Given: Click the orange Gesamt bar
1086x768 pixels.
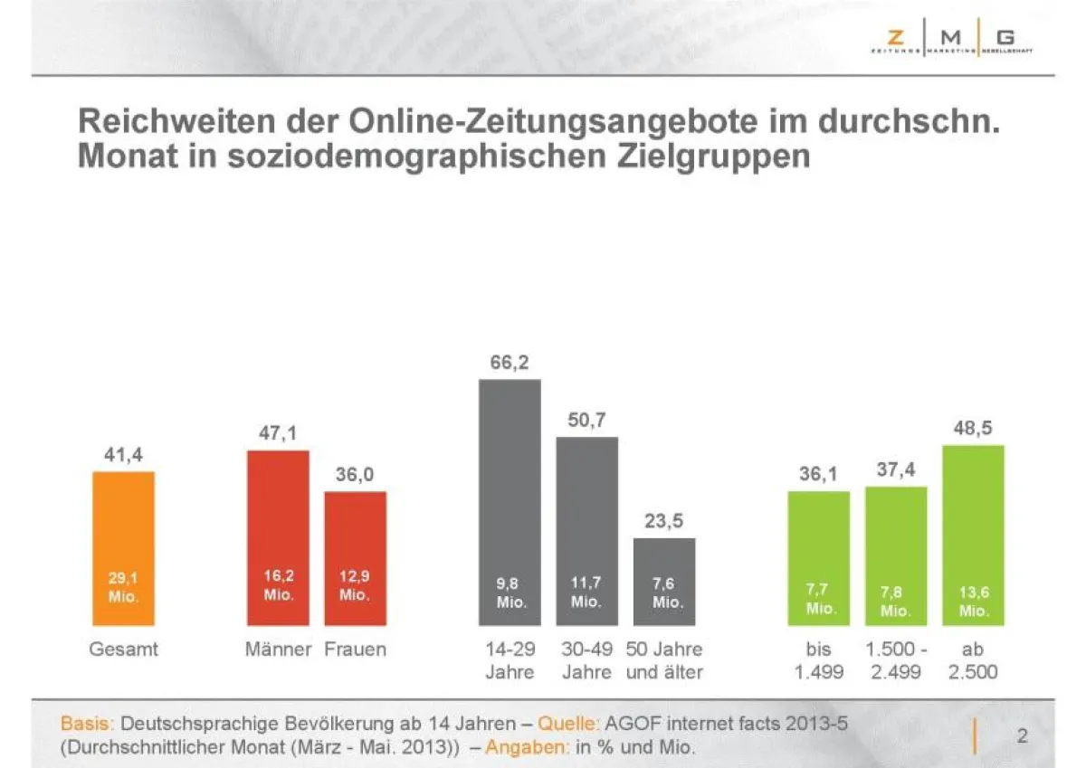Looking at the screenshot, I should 123,547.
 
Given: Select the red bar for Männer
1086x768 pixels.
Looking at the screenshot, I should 278,537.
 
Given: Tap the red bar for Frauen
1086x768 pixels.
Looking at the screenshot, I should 355,558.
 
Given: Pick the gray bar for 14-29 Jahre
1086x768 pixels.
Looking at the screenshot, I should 510,502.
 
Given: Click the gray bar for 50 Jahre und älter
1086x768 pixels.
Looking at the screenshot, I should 664,582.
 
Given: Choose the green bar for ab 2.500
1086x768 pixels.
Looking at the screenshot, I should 973,535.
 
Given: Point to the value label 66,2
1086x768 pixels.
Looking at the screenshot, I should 510,363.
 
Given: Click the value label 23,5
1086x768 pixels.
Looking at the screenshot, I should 664,521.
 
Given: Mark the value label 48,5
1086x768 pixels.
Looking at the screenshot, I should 973,428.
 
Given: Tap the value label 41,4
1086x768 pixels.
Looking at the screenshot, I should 123,455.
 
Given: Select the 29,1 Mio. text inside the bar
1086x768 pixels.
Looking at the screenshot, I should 123,586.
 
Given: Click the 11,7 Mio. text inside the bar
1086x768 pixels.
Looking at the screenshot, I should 586,593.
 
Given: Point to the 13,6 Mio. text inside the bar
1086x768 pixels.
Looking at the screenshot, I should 974,602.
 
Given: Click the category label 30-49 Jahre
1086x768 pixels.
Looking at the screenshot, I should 586,660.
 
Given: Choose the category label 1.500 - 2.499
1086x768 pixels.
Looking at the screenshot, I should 896,660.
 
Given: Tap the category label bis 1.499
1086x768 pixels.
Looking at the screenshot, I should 818,660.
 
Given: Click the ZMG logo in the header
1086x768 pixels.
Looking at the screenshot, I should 950,42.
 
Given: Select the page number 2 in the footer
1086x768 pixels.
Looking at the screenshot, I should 1022,735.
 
